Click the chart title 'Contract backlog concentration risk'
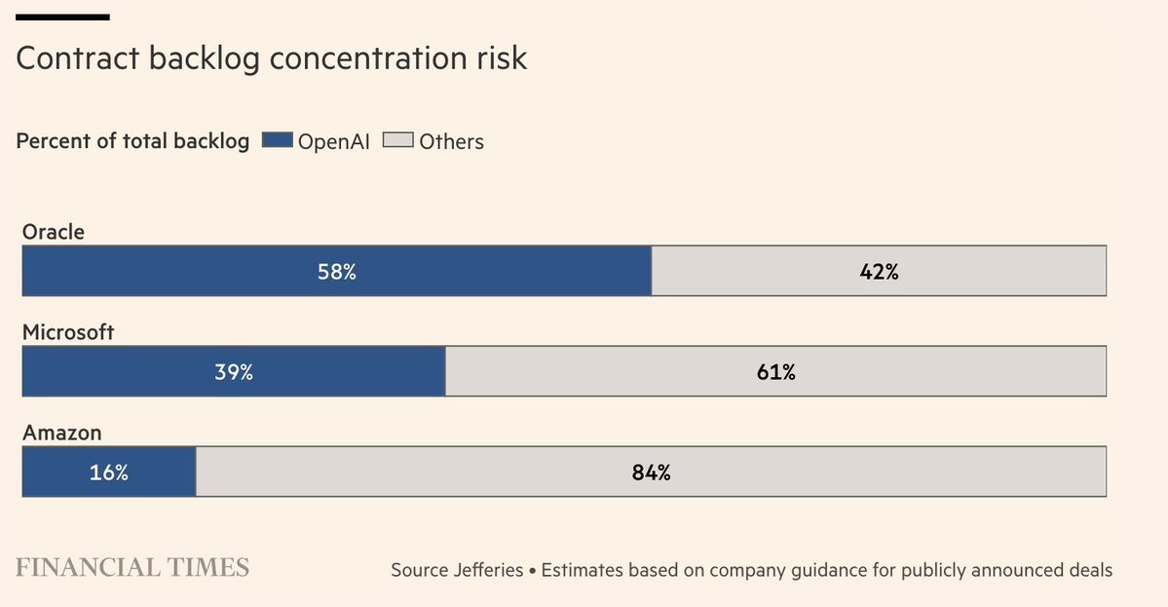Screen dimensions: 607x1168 [x=272, y=58]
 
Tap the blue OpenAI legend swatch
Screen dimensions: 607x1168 [x=278, y=141]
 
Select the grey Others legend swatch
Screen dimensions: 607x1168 [x=398, y=141]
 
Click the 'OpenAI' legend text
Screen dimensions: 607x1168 [x=334, y=141]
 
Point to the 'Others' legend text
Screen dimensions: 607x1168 [x=451, y=141]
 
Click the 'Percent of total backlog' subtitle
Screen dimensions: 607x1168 [x=132, y=141]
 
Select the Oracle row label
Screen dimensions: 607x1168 [x=54, y=232]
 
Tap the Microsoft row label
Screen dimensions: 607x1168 [x=68, y=332]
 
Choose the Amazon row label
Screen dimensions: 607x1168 [x=62, y=433]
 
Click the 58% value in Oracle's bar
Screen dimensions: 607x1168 [x=337, y=272]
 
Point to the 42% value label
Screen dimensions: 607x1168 [x=879, y=272]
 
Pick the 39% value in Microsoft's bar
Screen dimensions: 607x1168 [x=234, y=372]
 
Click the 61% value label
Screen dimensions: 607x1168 [x=776, y=372]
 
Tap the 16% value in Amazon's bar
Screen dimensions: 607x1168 [x=109, y=473]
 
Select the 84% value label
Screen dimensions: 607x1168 [x=651, y=473]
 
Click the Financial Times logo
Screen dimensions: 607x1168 [x=132, y=567]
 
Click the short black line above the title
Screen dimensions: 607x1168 [x=63, y=18]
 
